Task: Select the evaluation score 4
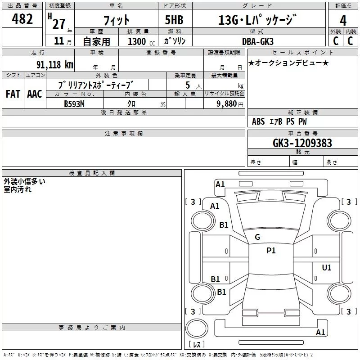[343, 20]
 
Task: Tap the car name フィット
[116, 20]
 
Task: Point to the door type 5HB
[174, 20]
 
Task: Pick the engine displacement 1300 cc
[137, 41]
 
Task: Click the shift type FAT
[13, 94]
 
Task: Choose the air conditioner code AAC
[35, 94]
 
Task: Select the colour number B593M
[75, 103]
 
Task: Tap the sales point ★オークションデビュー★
[288, 63]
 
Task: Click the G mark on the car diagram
[257, 237]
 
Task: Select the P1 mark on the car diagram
[271, 251]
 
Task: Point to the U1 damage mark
[327, 268]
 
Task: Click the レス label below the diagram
[197, 345]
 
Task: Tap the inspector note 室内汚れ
[17, 189]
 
